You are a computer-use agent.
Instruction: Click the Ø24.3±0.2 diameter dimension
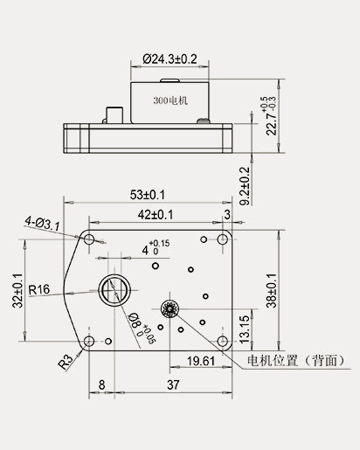[x=170, y=59]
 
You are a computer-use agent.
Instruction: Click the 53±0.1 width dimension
[x=148, y=194]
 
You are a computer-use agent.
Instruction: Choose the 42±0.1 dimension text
[x=155, y=213]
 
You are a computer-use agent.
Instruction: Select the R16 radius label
[x=40, y=289]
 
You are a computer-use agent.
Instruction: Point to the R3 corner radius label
[x=66, y=362]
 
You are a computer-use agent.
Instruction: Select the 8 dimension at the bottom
[x=102, y=384]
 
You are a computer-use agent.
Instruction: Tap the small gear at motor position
[x=170, y=308]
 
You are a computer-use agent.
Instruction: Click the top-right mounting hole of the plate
[x=223, y=239]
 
